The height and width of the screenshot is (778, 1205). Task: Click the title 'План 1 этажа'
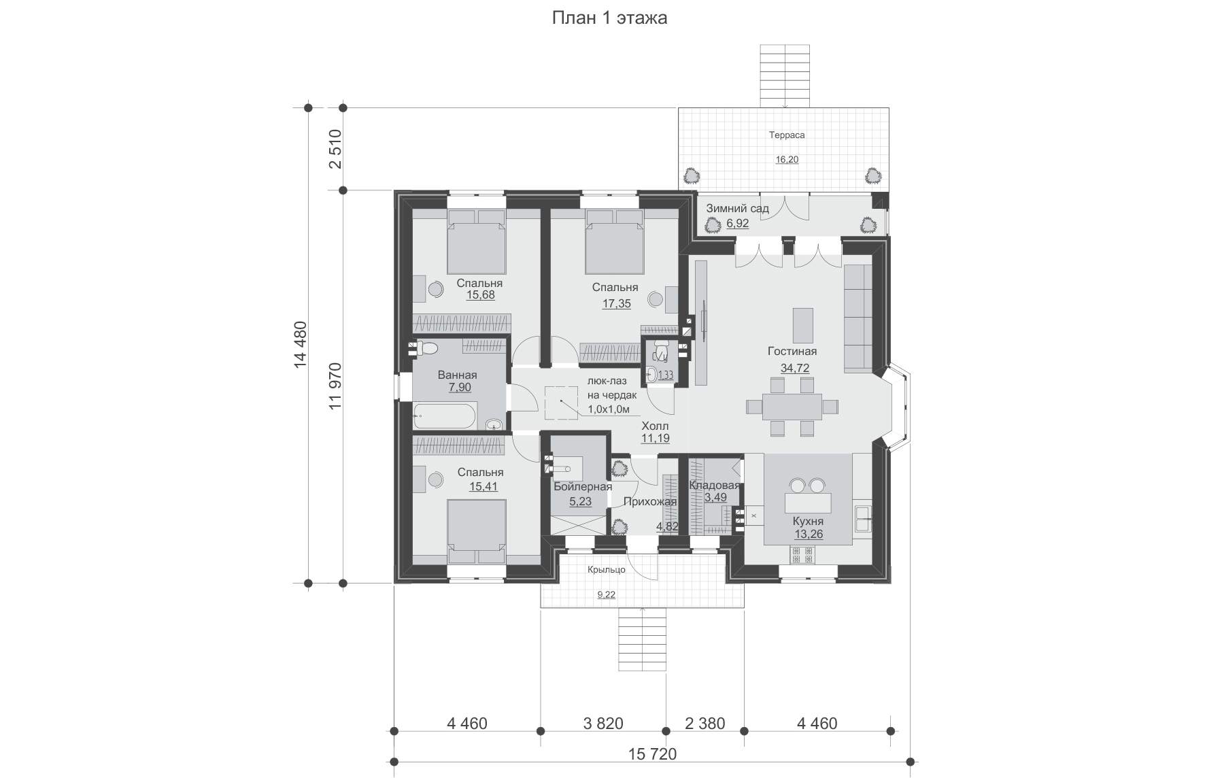[609, 18]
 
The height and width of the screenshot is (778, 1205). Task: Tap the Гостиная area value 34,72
[794, 369]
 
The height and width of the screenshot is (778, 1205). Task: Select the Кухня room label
[808, 522]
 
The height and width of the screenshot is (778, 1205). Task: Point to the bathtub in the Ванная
[445, 416]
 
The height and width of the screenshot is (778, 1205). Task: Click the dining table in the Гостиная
[792, 407]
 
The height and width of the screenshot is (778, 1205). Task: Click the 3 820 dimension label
[603, 723]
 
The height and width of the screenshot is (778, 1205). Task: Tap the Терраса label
[787, 135]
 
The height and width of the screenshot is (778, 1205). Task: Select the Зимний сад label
[737, 208]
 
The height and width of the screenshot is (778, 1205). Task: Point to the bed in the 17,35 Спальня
[614, 241]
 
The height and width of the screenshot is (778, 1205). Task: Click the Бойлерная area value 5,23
[580, 502]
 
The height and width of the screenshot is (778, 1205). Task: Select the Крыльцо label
[607, 570]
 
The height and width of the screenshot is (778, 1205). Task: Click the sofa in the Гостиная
[858, 318]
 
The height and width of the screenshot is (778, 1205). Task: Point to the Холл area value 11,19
[655, 439]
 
